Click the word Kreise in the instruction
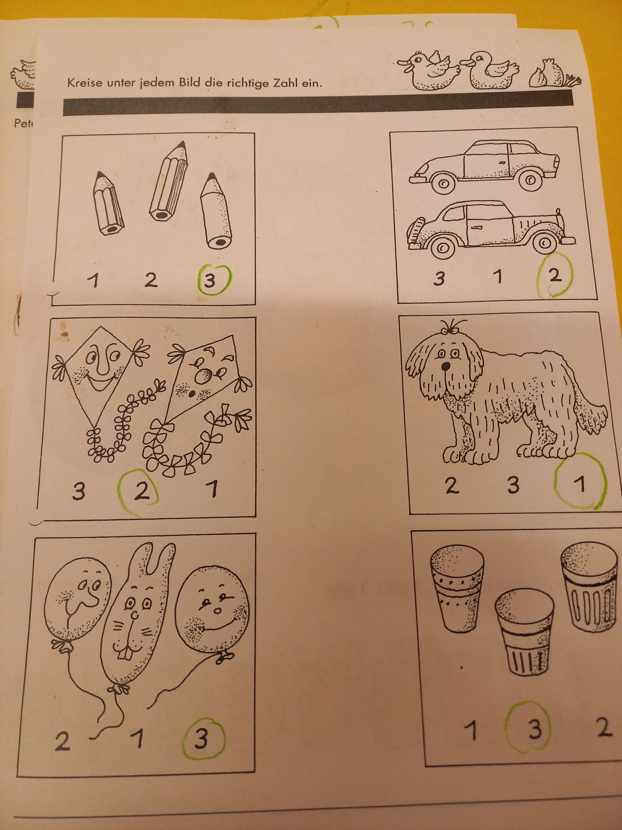85,83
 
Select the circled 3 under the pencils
210,281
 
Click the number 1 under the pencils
94,280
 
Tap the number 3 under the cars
439,278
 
